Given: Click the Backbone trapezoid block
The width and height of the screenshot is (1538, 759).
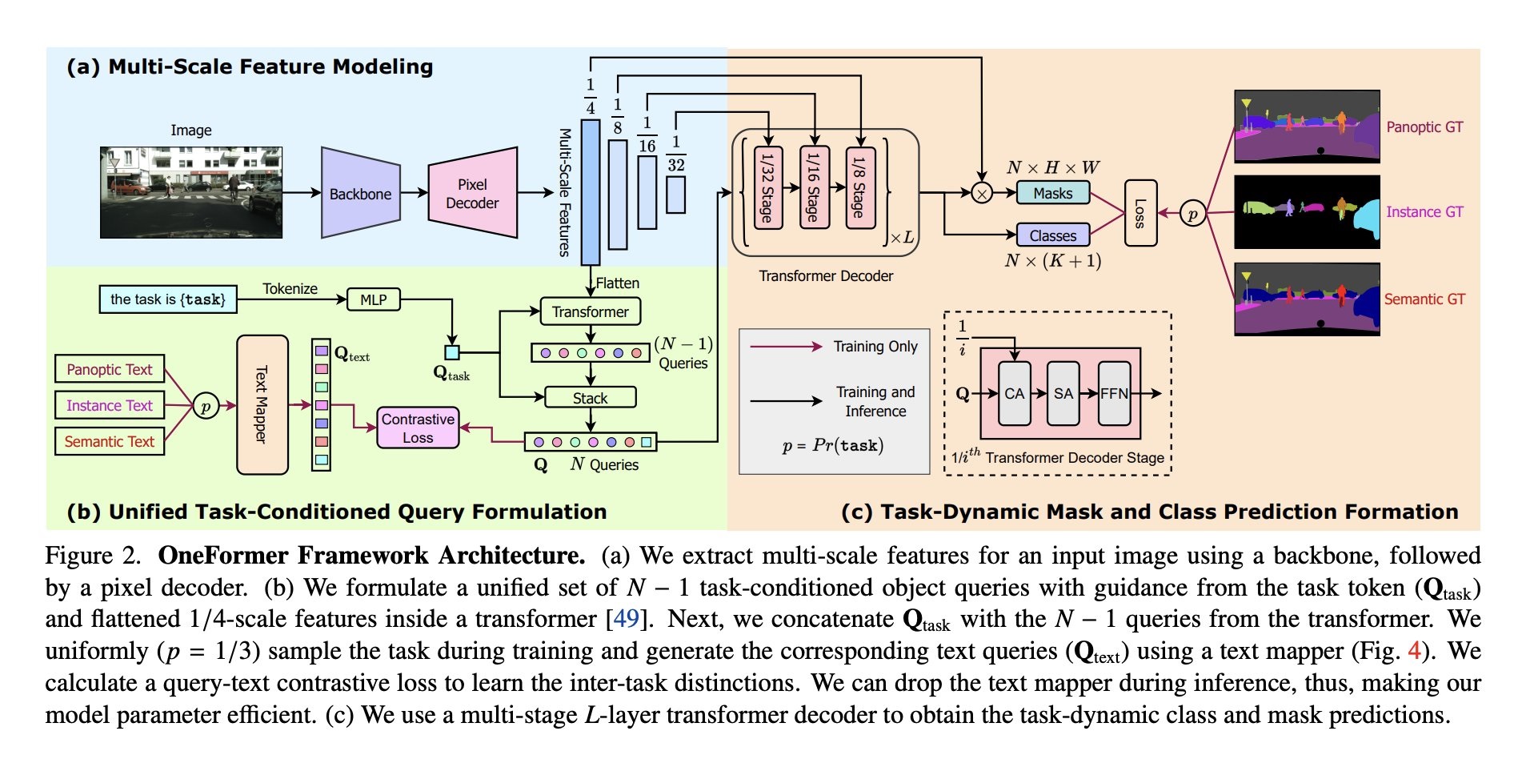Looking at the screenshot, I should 360,193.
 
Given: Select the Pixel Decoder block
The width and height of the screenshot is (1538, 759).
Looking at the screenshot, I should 472,193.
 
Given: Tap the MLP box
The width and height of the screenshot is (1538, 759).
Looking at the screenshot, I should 373,299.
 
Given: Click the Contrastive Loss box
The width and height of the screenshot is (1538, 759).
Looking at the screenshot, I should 418,428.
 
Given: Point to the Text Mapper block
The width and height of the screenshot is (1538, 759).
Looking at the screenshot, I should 262,404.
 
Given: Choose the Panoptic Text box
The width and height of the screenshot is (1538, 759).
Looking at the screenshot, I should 110,369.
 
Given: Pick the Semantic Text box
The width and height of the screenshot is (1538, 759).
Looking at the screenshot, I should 110,441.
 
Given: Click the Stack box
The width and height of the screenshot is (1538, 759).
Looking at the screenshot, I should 590,397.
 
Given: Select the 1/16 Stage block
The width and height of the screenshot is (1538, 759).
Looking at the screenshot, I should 814,187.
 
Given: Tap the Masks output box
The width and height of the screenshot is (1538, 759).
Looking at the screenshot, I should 1052,193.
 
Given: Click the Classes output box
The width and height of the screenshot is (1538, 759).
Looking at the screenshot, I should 1052,235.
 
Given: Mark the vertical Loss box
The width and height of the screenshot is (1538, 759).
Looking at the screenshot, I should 1140,213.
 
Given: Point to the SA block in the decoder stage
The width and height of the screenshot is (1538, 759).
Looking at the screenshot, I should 1063,393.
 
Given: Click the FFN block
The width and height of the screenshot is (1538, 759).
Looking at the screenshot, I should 1114,393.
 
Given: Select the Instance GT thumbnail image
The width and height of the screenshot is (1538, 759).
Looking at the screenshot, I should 1307,212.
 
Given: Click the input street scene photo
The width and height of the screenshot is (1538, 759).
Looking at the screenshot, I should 191,192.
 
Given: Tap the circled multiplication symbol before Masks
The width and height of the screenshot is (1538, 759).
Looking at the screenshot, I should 982,193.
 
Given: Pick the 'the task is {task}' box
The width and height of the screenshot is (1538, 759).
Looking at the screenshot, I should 168,299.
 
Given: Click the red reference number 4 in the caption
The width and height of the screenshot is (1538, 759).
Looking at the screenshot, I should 1414,650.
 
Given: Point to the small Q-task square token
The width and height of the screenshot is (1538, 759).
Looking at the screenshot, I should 452,352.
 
